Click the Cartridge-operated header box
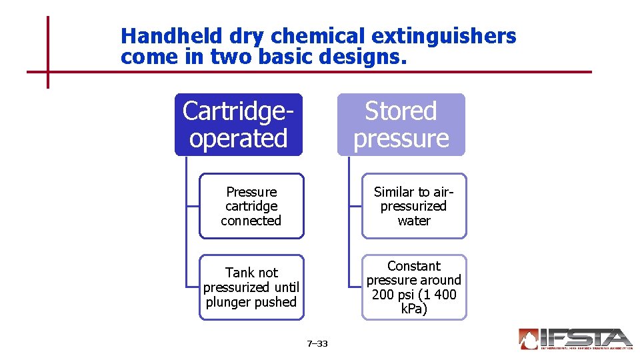(x=238, y=125)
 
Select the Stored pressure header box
(x=401, y=125)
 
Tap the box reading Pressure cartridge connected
(x=251, y=206)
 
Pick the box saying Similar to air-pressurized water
(x=414, y=206)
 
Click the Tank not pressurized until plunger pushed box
(x=251, y=287)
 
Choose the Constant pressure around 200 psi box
(x=414, y=287)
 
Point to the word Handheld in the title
(x=163, y=36)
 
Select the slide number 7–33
(x=317, y=344)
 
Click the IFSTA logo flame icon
(x=529, y=339)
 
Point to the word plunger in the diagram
(x=230, y=302)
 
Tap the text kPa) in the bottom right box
(x=414, y=309)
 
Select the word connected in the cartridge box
(x=251, y=221)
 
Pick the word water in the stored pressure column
(x=414, y=221)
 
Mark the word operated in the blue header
(x=238, y=139)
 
